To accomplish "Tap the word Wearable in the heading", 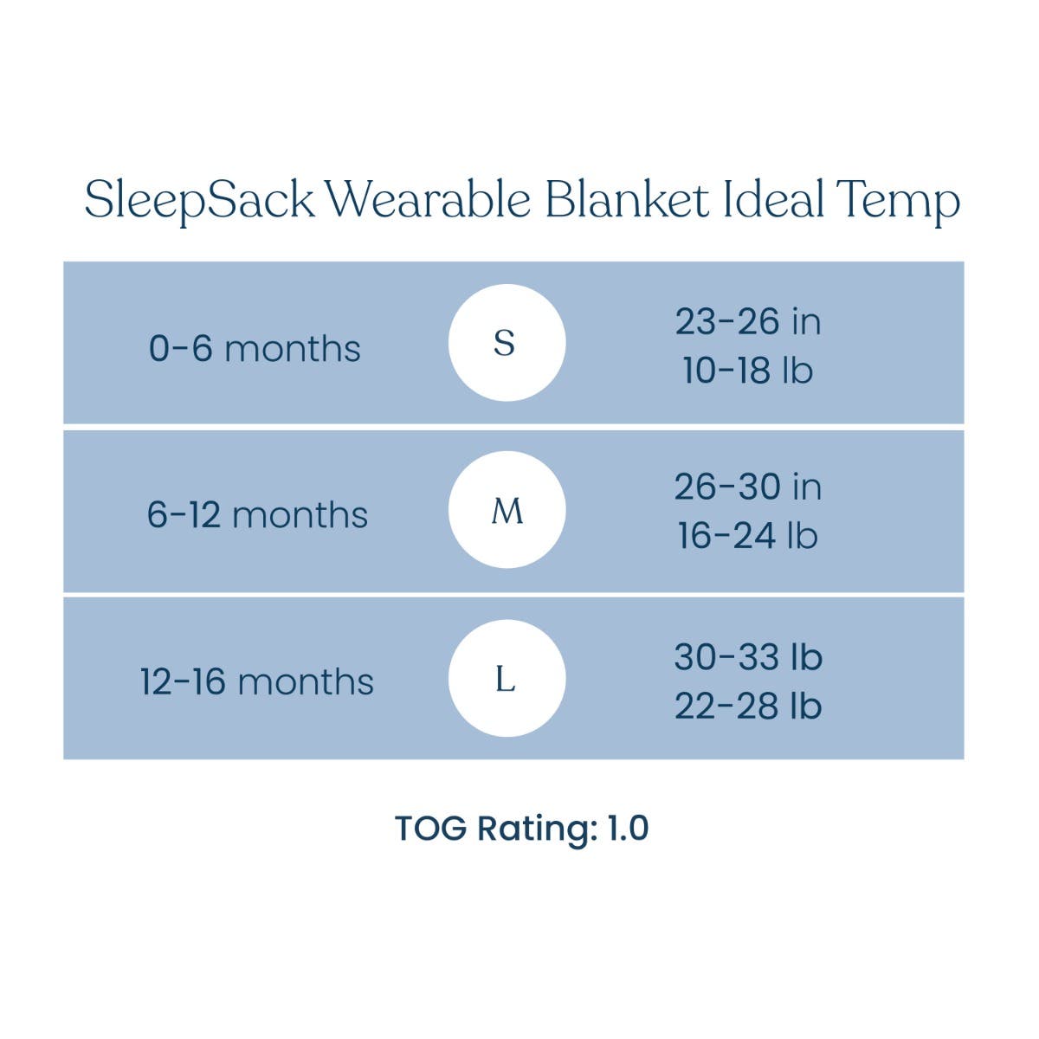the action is point(429,198).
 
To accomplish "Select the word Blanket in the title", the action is point(627,198).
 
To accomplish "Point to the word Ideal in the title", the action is point(773,198).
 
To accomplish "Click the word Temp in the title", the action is point(898,203).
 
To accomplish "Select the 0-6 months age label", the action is point(255,348).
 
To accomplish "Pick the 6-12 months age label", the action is point(257,514).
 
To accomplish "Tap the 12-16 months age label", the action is point(256,681).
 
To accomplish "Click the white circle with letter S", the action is point(507,343).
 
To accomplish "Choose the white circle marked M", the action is point(507,509).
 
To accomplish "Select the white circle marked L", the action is point(507,678).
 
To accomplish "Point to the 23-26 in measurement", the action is point(748,321).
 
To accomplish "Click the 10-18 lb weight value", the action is point(748,370).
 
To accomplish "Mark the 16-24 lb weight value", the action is point(748,535).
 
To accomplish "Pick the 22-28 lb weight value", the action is point(748,706).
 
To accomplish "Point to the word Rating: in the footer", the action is point(538,830).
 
